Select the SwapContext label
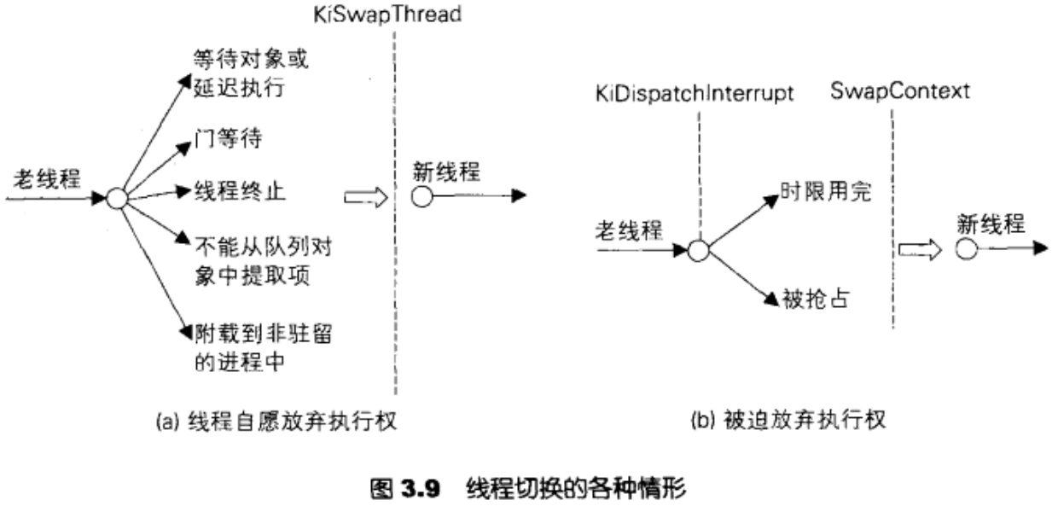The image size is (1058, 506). pos(899,90)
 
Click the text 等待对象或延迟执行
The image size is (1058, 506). pos(248,73)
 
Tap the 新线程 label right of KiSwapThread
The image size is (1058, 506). pos(445,172)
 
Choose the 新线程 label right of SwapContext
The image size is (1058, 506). pos(990,223)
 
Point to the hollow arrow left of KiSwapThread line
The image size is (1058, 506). pos(365,197)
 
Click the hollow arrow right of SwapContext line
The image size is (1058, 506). pos(920,249)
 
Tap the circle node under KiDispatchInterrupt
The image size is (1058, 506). pos(698,251)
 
